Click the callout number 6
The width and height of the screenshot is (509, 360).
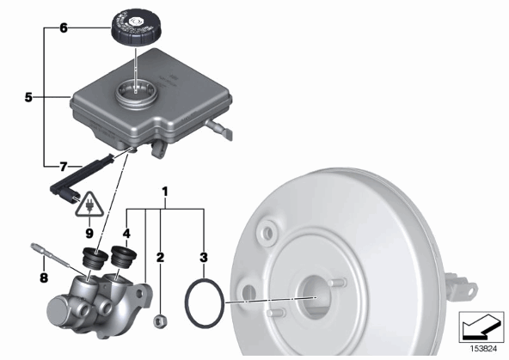click(64, 27)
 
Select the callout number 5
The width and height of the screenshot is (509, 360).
click(28, 97)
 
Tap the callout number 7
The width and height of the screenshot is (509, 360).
click(64, 167)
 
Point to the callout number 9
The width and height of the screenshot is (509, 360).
click(89, 233)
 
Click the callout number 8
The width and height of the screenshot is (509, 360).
click(44, 278)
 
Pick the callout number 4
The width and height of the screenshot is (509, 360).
click(126, 233)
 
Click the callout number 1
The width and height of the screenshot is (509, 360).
click(165, 192)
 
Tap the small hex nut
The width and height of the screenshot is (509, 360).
click(160, 320)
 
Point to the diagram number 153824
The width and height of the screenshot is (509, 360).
click(484, 349)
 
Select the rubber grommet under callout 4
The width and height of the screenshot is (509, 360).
click(123, 257)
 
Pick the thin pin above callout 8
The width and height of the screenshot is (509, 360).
click(51, 255)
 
